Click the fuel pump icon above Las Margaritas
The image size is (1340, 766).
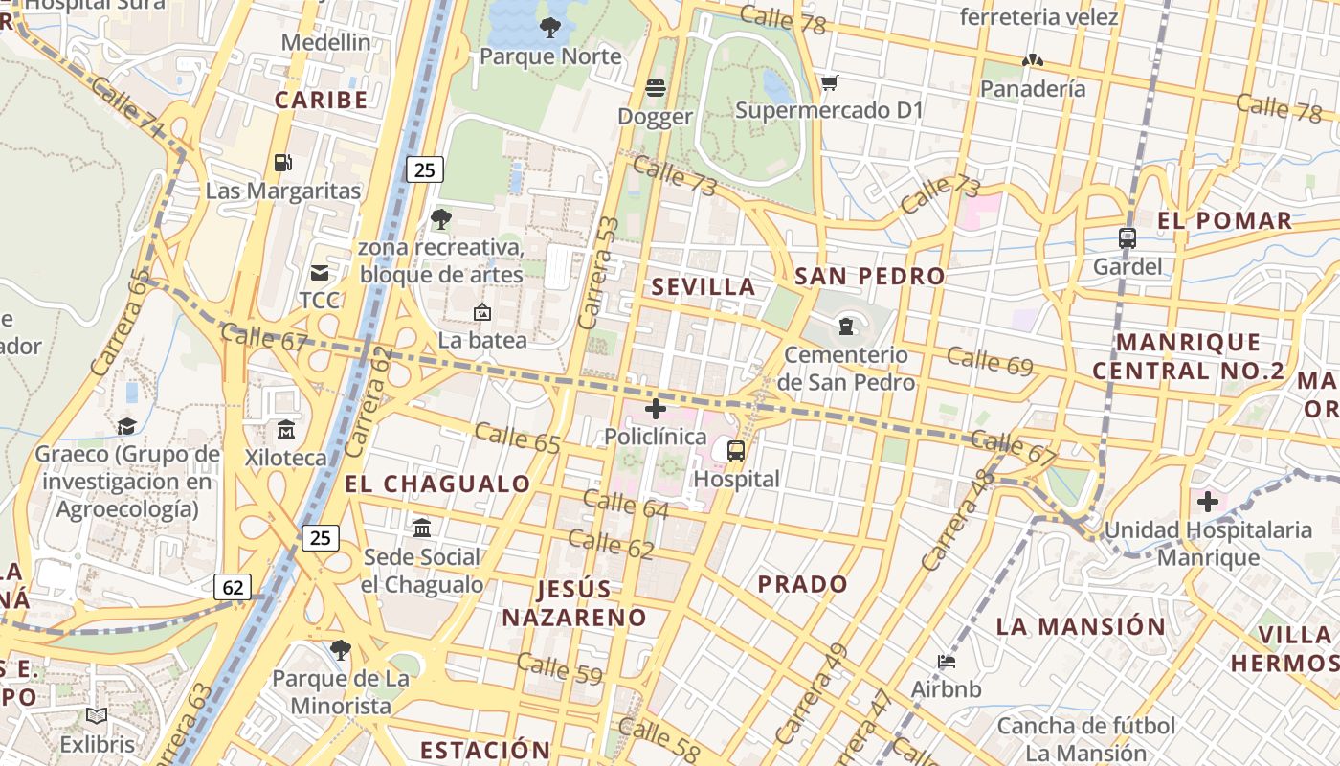tap(281, 163)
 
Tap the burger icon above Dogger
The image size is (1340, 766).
tap(656, 88)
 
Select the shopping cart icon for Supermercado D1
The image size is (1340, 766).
tap(829, 83)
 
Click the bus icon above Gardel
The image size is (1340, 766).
tap(1128, 238)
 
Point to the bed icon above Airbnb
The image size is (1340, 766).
tap(946, 662)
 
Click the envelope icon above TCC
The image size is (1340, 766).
tap(320, 273)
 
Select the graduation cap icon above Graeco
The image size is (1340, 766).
tap(126, 426)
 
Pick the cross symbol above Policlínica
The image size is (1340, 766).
tap(656, 410)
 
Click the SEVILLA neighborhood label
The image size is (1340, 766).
tap(703, 286)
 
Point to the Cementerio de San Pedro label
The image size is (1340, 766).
tap(845, 369)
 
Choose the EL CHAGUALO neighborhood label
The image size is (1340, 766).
tap(437, 484)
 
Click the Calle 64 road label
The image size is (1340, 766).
tap(625, 505)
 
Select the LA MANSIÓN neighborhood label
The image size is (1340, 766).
tap(1081, 626)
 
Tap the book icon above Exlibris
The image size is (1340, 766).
tap(96, 715)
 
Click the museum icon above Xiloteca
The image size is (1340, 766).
tap(285, 430)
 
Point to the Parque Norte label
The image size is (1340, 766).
tap(550, 56)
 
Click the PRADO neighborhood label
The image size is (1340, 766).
tap(802, 583)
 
